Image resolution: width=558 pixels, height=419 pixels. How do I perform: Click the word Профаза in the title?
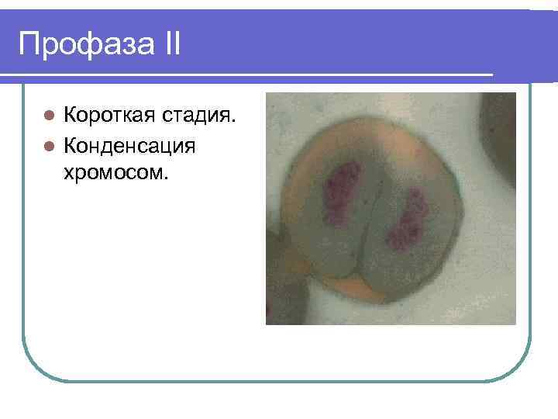tap(84, 44)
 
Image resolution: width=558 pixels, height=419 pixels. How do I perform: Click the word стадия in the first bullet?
tap(198, 117)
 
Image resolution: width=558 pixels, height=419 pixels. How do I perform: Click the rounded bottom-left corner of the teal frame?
tap(35, 369)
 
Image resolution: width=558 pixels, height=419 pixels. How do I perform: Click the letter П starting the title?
tap(29, 44)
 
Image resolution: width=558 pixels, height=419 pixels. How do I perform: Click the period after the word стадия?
tap(234, 123)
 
